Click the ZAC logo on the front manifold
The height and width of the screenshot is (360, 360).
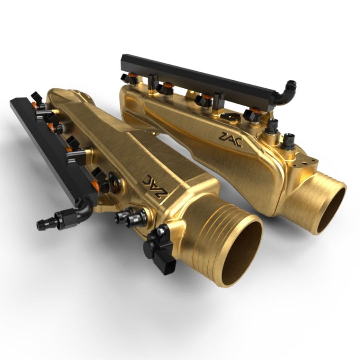(x=155, y=185)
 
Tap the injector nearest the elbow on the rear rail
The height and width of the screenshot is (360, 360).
(x=252, y=115)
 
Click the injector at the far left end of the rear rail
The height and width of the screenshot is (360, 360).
(x=128, y=78)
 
